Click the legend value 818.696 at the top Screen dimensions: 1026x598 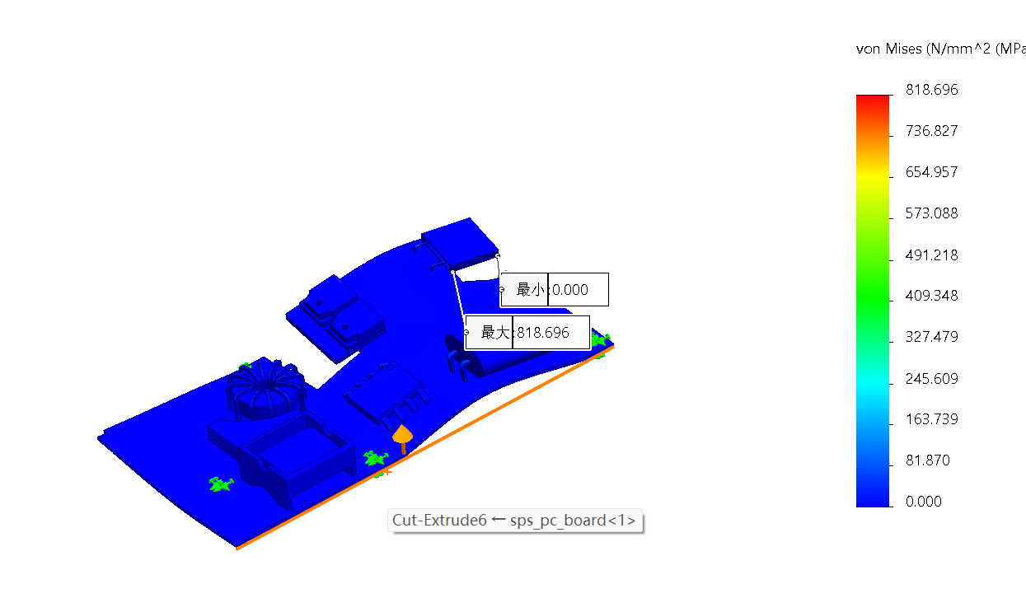(x=932, y=89)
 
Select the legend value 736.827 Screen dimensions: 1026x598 (x=932, y=131)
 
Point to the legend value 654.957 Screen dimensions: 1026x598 (x=932, y=172)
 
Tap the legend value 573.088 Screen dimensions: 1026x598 (x=932, y=213)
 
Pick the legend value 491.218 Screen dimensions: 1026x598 (x=932, y=255)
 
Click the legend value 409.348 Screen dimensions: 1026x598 (x=932, y=296)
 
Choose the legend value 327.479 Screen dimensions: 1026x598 (x=932, y=337)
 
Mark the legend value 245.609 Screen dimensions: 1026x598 (x=932, y=379)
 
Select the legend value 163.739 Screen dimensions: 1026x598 (x=932, y=419)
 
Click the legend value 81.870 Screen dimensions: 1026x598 (x=928, y=460)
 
